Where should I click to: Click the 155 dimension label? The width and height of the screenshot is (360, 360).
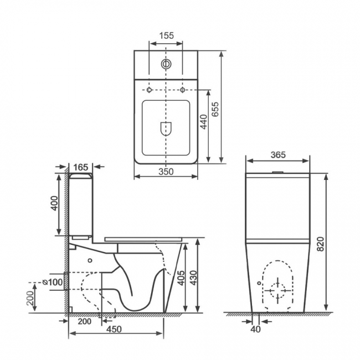pyautogui.click(x=166, y=35)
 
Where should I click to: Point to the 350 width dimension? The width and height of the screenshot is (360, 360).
pyautogui.click(x=166, y=172)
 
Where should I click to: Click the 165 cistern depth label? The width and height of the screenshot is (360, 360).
pyautogui.click(x=81, y=166)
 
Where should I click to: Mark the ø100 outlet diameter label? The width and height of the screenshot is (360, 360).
pyautogui.click(x=53, y=282)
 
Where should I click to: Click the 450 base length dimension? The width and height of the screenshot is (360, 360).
pyautogui.click(x=114, y=330)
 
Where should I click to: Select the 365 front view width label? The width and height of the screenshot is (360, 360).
pyautogui.click(x=278, y=155)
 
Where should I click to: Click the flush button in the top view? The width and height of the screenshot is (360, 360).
pyautogui.click(x=166, y=64)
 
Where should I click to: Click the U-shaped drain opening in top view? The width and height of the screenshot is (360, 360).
pyautogui.click(x=166, y=128)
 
